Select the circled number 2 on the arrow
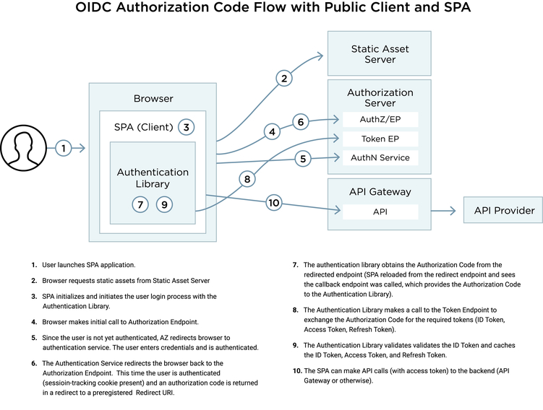pos(284,78)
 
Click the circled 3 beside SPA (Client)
pos(187,127)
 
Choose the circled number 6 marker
pos(142,204)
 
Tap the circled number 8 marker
pos(165,204)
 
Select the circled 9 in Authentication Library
pos(273,203)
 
